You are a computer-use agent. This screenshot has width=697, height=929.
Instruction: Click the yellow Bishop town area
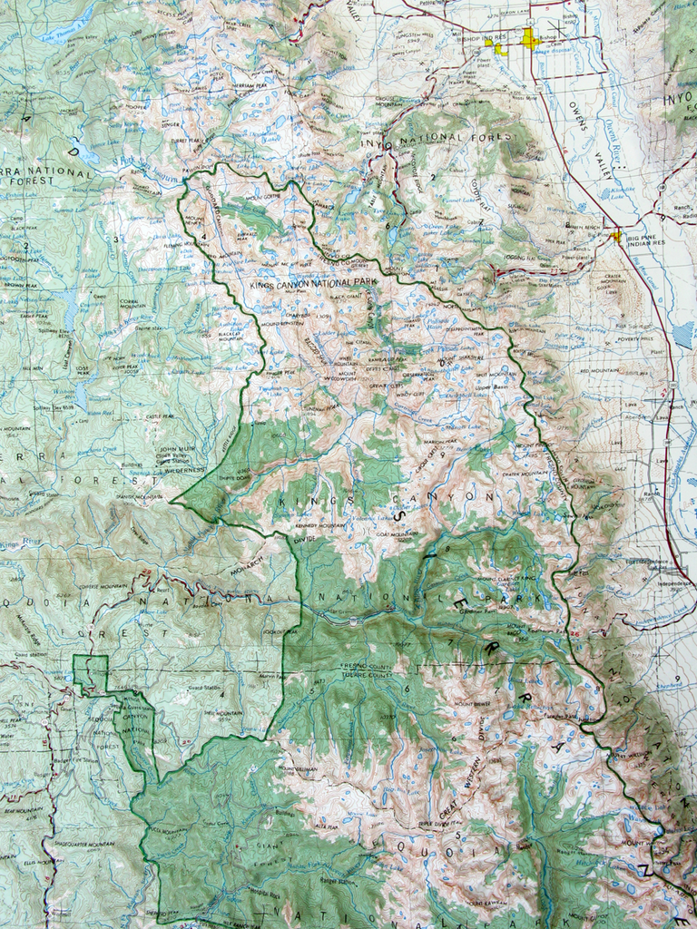530,39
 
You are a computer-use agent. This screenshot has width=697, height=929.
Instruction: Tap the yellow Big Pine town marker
616,236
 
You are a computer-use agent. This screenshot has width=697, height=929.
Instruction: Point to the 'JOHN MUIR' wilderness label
177,448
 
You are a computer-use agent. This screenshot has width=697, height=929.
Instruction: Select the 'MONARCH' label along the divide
244,553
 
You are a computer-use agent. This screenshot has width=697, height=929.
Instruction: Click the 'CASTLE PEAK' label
160,416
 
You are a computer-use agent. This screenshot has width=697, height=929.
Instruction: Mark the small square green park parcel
90,672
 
